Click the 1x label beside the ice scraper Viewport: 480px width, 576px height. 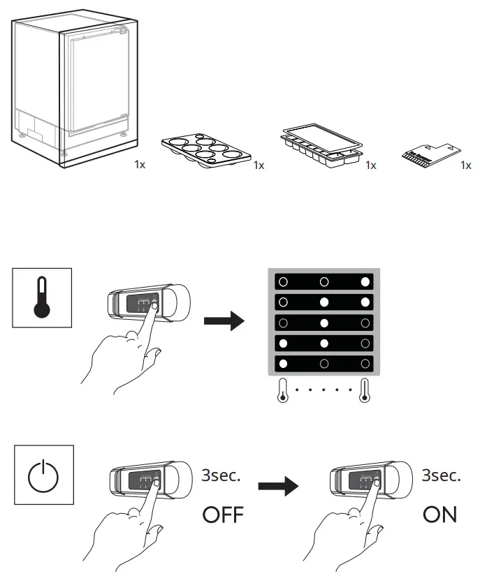pyautogui.click(x=466, y=165)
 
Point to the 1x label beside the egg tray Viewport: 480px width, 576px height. pyautogui.click(x=259, y=165)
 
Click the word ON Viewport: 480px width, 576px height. pyautogui.click(x=439, y=516)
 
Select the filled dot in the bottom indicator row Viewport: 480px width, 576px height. pyautogui.click(x=282, y=363)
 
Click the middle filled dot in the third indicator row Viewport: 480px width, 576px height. pyautogui.click(x=323, y=323)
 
